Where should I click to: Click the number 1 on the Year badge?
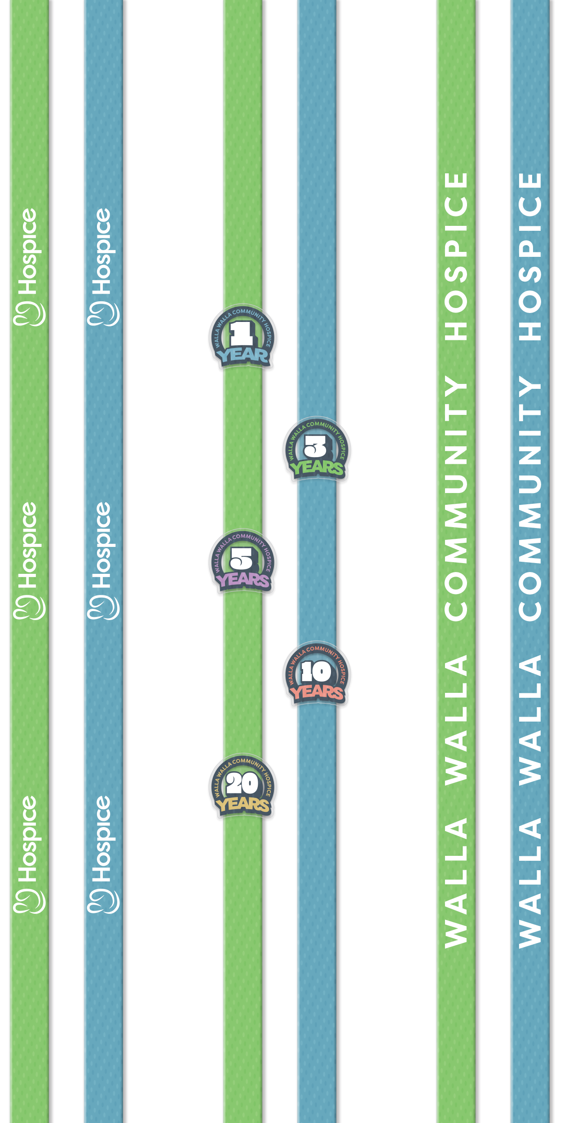point(242,334)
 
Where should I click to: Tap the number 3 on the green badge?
point(316,446)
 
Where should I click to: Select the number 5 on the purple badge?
point(242,559)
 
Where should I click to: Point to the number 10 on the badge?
point(316,671)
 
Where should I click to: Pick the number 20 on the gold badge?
point(242,784)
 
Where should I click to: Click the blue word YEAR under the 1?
point(242,355)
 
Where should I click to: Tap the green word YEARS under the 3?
point(317,468)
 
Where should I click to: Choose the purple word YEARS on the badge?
point(242,580)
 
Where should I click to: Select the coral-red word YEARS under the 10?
point(317,692)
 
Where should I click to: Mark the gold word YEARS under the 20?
point(242,805)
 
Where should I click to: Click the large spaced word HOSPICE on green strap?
point(456,256)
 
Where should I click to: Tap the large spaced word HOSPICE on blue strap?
point(530,256)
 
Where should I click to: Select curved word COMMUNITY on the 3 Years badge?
point(320,425)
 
